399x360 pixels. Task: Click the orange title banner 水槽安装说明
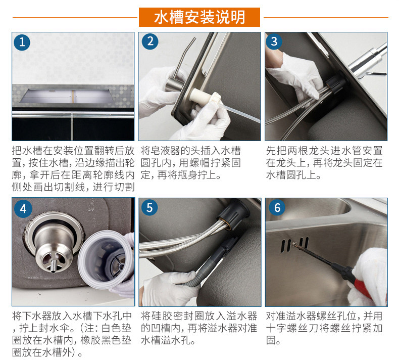pos(199,17)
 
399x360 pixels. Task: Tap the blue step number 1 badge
pos(22,42)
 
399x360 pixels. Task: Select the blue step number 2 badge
pos(150,41)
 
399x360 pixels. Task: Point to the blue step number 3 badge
pos(274,41)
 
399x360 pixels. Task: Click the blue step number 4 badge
pos(23,209)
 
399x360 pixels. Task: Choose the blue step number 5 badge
pos(149,207)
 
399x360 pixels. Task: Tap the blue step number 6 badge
pos(277,207)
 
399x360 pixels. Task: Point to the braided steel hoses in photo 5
pos(181,241)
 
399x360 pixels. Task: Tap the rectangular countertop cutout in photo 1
pos(65,96)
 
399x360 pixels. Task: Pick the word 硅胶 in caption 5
pos(161,316)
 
